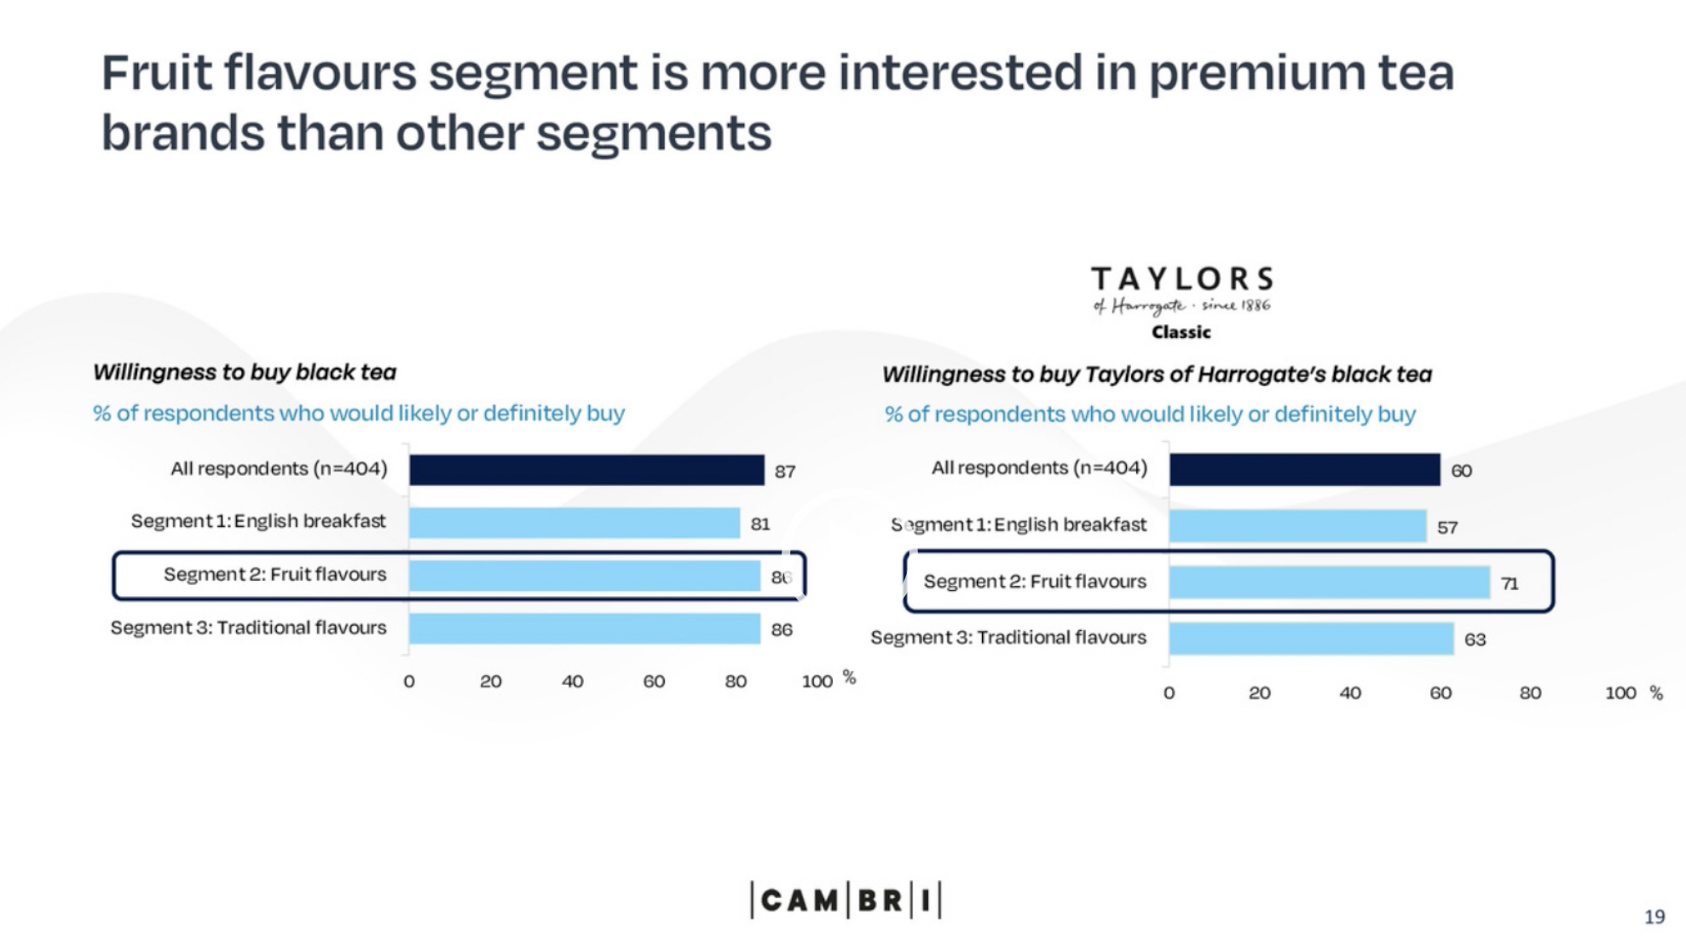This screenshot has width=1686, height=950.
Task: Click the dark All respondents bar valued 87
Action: pyautogui.click(x=586, y=470)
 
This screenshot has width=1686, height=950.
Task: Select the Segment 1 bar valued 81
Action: pyautogui.click(x=574, y=523)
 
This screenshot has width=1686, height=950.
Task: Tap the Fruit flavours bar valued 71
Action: pyautogui.click(x=1329, y=582)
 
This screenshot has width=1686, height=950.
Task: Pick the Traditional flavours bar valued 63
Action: pyautogui.click(x=1311, y=639)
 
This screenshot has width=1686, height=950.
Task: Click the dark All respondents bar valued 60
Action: pyautogui.click(x=1304, y=470)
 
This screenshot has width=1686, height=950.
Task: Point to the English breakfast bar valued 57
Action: pyautogui.click(x=1297, y=526)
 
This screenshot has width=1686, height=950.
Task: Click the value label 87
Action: pyautogui.click(x=785, y=472)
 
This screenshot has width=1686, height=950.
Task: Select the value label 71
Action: pyautogui.click(x=1510, y=584)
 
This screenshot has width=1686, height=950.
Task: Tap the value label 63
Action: pyautogui.click(x=1475, y=640)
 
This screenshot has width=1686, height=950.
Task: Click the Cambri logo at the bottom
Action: pyautogui.click(x=846, y=901)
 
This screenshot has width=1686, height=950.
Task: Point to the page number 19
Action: pyautogui.click(x=1654, y=917)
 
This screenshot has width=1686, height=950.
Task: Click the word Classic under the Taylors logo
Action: pyautogui.click(x=1181, y=333)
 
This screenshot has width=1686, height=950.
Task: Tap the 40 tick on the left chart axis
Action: pyautogui.click(x=572, y=681)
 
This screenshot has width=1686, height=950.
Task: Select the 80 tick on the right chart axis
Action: pyautogui.click(x=1530, y=693)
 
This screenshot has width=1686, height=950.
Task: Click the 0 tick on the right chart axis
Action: pyautogui.click(x=1169, y=693)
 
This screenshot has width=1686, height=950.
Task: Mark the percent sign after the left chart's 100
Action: pyautogui.click(x=849, y=677)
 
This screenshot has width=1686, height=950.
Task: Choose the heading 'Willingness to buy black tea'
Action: pyautogui.click(x=245, y=372)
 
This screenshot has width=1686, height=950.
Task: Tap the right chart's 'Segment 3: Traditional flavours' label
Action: pyautogui.click(x=1008, y=638)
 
